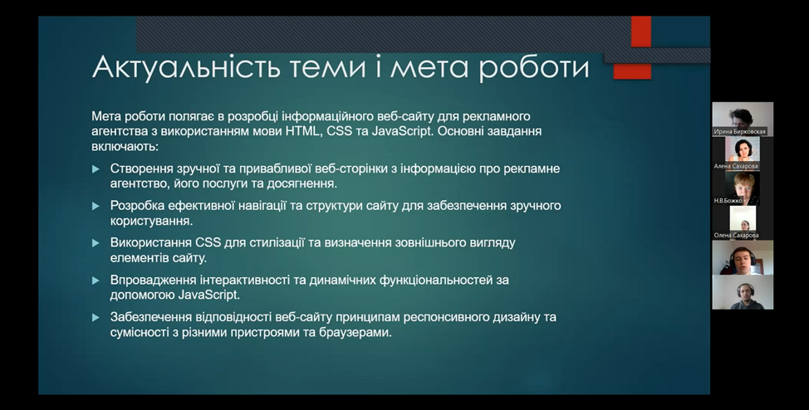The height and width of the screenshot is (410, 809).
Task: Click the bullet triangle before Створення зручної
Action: click(x=96, y=169)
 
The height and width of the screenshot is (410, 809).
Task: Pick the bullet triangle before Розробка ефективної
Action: click(x=96, y=207)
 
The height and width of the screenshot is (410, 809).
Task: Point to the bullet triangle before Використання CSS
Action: click(x=96, y=243)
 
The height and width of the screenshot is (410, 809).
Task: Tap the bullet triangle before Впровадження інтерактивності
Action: click(x=96, y=281)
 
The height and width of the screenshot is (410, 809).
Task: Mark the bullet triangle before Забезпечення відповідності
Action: click(x=96, y=318)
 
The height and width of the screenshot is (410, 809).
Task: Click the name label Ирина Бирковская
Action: click(x=740, y=132)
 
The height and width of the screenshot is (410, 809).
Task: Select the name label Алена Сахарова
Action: click(x=736, y=167)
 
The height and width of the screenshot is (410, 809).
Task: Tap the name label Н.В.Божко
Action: click(x=728, y=201)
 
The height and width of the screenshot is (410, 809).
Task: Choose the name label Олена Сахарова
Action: click(x=736, y=235)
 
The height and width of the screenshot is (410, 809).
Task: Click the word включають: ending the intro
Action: click(x=125, y=146)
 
